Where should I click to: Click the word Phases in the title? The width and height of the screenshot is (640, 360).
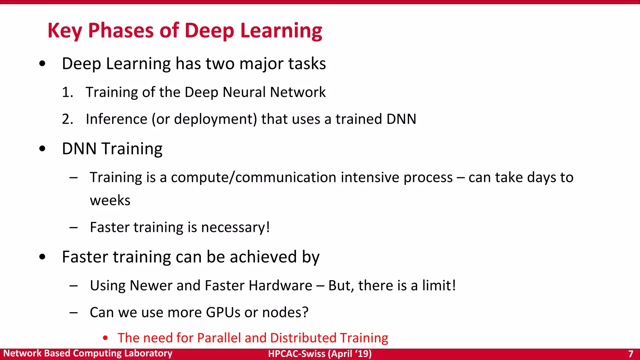[121, 31]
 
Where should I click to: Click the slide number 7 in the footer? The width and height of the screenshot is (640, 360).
[630, 354]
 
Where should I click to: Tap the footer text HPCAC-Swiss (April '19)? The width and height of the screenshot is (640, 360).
[320, 354]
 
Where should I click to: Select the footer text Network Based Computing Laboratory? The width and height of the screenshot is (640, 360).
[88, 353]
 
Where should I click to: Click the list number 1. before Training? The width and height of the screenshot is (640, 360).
[67, 92]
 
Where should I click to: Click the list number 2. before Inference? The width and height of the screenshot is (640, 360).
[67, 119]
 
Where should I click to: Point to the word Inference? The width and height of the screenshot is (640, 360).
[116, 119]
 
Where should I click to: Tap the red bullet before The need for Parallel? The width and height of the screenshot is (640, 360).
[105, 338]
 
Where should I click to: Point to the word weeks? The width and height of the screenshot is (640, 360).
[110, 201]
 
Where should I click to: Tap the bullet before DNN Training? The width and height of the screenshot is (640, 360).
[42, 149]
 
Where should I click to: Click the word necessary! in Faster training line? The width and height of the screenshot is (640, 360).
[235, 227]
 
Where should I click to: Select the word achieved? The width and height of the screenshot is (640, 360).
[263, 257]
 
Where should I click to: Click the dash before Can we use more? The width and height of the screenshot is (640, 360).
[74, 312]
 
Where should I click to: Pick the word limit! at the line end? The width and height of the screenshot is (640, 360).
[439, 286]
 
